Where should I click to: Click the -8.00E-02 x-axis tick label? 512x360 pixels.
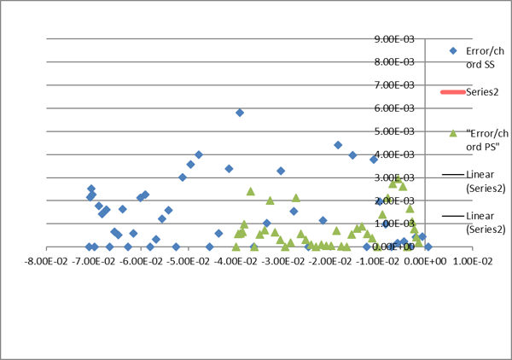[44, 265]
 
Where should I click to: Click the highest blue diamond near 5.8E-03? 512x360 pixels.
[240, 113]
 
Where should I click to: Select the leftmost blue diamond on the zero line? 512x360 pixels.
[89, 247]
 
